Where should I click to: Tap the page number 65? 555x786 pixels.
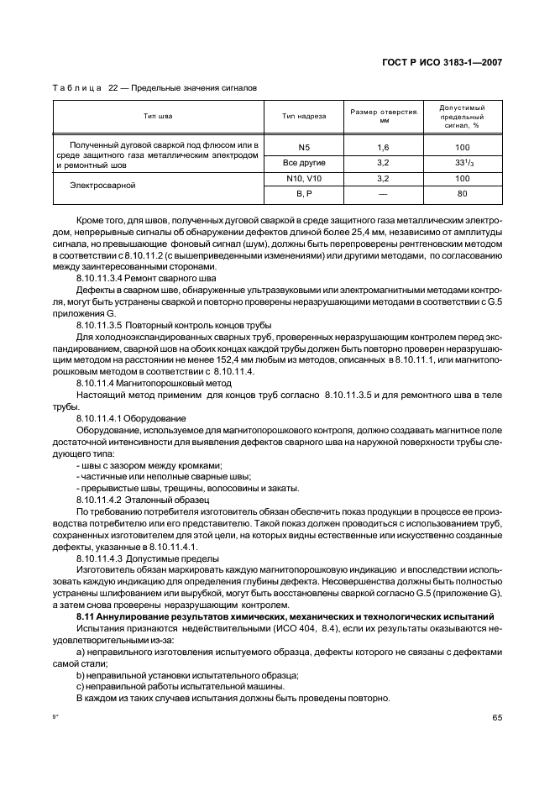point(496,717)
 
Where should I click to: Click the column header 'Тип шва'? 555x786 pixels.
point(158,116)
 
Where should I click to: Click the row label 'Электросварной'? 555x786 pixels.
point(104,185)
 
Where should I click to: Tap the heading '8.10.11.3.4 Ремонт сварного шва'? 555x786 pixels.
point(146,277)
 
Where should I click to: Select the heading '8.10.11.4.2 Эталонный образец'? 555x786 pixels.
point(144,499)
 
